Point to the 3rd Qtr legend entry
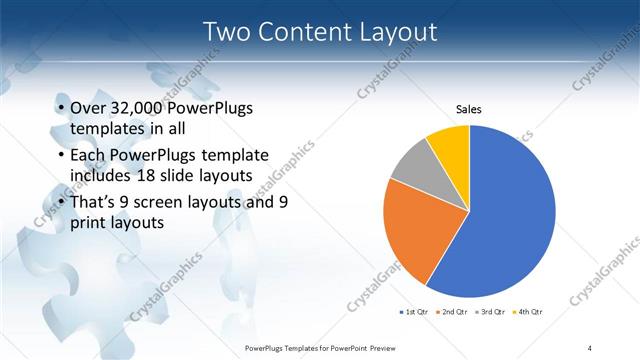[x=491, y=313]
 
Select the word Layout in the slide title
[x=398, y=32]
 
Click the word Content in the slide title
[x=305, y=32]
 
